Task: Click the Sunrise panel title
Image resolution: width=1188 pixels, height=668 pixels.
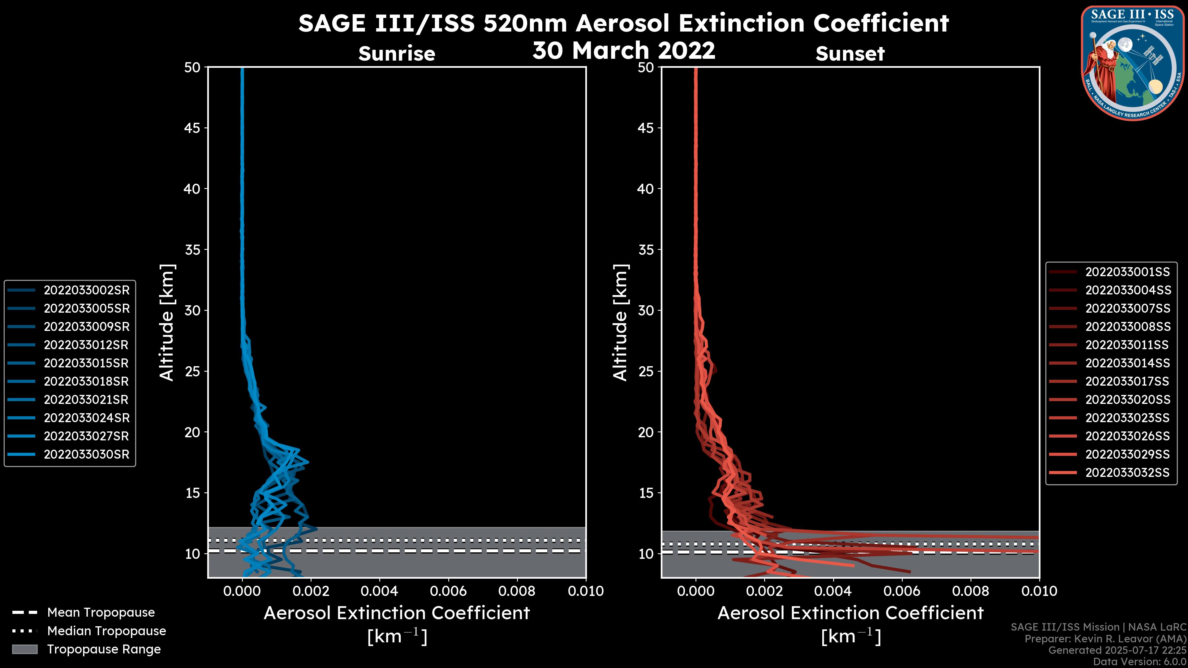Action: [397, 54]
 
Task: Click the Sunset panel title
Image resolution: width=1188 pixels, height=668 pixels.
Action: [850, 54]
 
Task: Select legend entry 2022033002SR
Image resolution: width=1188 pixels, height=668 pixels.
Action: [87, 290]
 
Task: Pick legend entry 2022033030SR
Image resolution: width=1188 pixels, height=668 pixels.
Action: [87, 455]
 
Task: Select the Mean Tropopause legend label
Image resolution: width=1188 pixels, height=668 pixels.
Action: [101, 613]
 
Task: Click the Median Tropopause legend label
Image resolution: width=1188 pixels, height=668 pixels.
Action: [106, 631]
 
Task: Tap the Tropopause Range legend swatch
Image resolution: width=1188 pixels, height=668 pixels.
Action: [25, 649]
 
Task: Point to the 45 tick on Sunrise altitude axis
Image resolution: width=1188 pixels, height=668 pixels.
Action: [192, 128]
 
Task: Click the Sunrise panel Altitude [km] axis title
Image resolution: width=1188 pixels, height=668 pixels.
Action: [167, 323]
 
